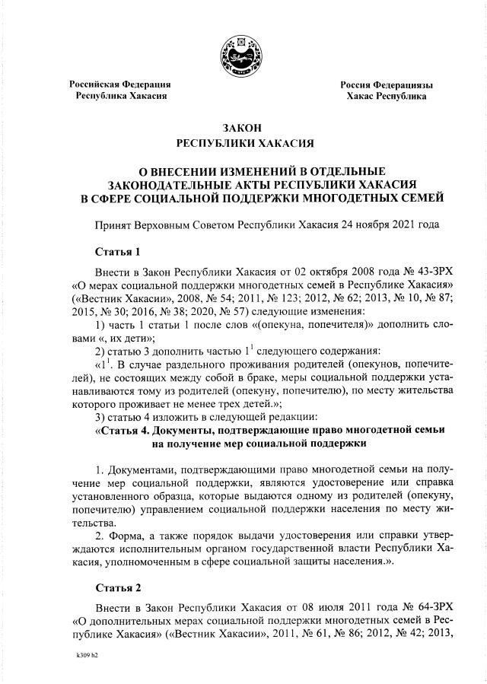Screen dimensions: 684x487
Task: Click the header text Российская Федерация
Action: point(120,84)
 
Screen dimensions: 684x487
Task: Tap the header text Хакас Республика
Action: point(386,97)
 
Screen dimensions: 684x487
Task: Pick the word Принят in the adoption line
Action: point(113,227)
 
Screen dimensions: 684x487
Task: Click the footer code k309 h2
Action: point(88,654)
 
